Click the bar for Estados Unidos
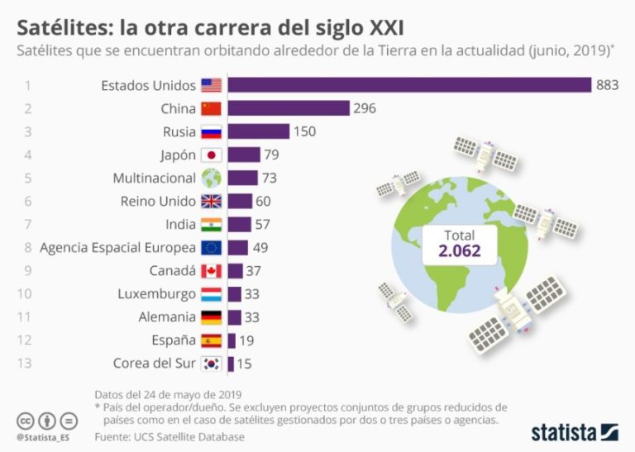409,85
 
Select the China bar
289,108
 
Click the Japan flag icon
212,155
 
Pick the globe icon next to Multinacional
212,178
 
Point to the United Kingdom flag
212,201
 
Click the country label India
181,224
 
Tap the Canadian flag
212,271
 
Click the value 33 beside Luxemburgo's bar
253,294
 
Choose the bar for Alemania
235,317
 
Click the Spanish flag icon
212,340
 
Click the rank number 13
28,364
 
